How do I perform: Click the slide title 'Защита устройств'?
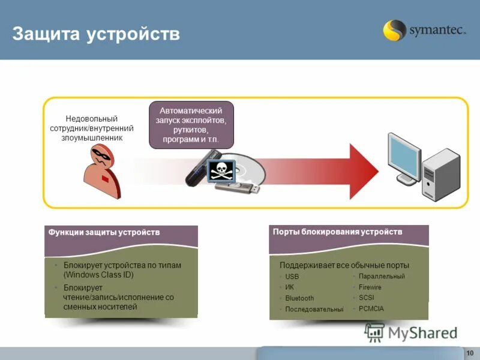pos(96,34)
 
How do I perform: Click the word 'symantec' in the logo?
pos(437,31)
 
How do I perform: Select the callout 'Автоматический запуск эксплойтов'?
pos(191,125)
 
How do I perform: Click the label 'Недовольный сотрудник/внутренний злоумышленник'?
pos(91,128)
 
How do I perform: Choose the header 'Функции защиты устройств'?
pos(104,232)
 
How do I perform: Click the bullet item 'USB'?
pos(292,277)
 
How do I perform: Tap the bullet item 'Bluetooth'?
pos(299,298)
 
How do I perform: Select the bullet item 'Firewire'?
pos(370,287)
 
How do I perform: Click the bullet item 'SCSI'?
pos(366,298)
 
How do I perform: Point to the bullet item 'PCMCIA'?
pos(371,308)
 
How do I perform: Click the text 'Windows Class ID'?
pos(98,275)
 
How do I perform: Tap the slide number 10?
pos(470,352)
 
